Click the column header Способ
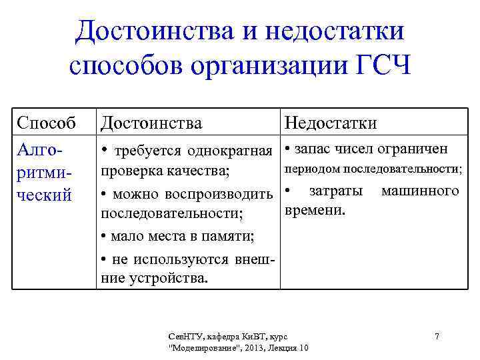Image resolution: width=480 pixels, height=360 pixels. tap(46, 123)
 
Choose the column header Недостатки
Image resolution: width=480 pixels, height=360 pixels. tap(331, 123)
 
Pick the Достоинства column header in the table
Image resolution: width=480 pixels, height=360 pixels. tap(151, 123)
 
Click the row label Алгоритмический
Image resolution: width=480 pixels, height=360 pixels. tap(45, 171)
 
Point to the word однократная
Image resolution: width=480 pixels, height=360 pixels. tap(231, 149)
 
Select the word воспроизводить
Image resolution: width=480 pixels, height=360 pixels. tap(228, 194)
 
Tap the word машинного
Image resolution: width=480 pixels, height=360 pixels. tap(420, 191)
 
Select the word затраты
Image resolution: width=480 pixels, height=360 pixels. tap(336, 191)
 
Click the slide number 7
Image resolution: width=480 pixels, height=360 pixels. tap(437, 336)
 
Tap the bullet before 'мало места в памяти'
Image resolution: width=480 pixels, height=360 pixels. tap(104, 237)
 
